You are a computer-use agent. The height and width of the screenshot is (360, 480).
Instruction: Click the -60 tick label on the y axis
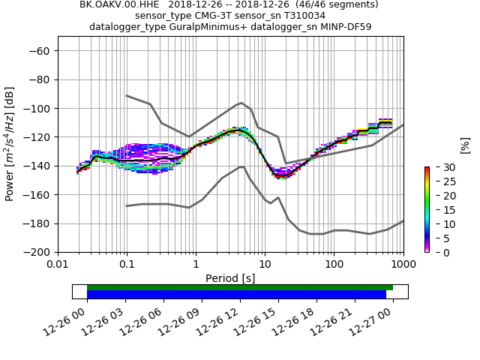(x=40, y=51)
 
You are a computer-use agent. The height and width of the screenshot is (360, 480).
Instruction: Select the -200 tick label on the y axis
(x=37, y=253)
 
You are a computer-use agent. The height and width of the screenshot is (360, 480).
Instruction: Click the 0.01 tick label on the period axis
(x=58, y=265)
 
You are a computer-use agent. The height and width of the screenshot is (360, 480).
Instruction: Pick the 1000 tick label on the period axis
(x=403, y=265)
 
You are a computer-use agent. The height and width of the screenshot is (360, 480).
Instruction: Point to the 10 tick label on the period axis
(x=265, y=265)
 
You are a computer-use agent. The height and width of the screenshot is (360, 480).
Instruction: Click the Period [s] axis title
(x=230, y=278)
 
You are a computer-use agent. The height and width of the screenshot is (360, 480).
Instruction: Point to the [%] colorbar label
(x=465, y=145)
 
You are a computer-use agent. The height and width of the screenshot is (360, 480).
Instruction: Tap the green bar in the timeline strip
(x=240, y=287)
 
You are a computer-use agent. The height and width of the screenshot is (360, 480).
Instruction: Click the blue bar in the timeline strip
(x=236, y=295)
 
